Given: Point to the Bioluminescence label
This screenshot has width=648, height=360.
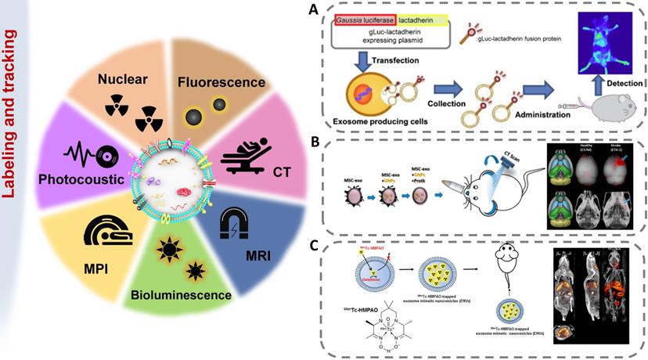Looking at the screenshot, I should pyautogui.click(x=193, y=295).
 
